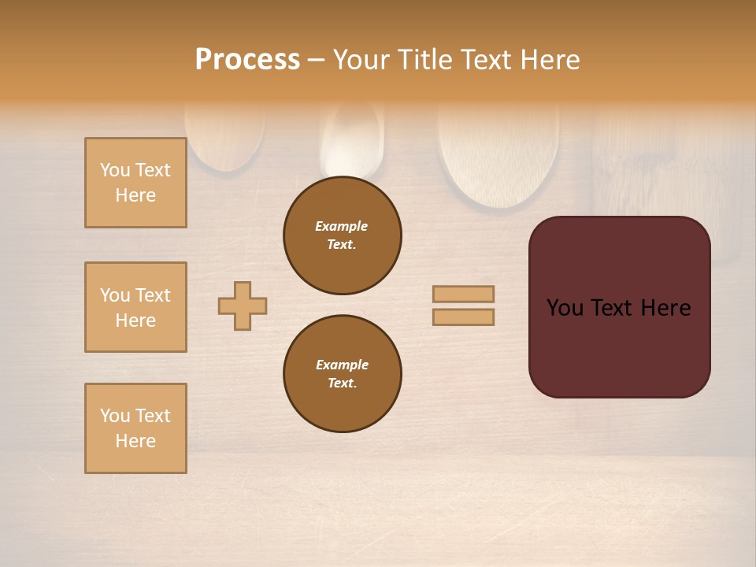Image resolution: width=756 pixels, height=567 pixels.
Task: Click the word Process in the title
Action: click(247, 60)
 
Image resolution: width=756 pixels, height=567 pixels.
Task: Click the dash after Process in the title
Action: click(316, 61)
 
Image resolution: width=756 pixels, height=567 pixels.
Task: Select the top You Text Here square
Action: click(135, 183)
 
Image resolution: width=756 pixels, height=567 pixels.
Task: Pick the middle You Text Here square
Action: click(135, 307)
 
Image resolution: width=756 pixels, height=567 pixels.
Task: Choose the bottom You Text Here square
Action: click(135, 428)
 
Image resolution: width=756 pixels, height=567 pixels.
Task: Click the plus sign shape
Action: click(243, 306)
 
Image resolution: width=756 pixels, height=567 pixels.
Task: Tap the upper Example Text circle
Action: click(343, 235)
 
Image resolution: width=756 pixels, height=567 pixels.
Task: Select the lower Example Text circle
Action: click(343, 374)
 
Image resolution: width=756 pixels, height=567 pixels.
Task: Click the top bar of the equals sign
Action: click(464, 294)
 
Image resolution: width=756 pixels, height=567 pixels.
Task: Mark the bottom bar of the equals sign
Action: click(464, 317)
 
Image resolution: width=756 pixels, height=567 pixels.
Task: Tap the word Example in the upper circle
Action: click(342, 226)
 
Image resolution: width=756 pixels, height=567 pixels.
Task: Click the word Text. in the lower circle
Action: click(342, 384)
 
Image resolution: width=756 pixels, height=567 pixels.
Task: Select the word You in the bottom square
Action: click(115, 416)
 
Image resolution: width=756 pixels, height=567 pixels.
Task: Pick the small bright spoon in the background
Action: click(352, 142)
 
